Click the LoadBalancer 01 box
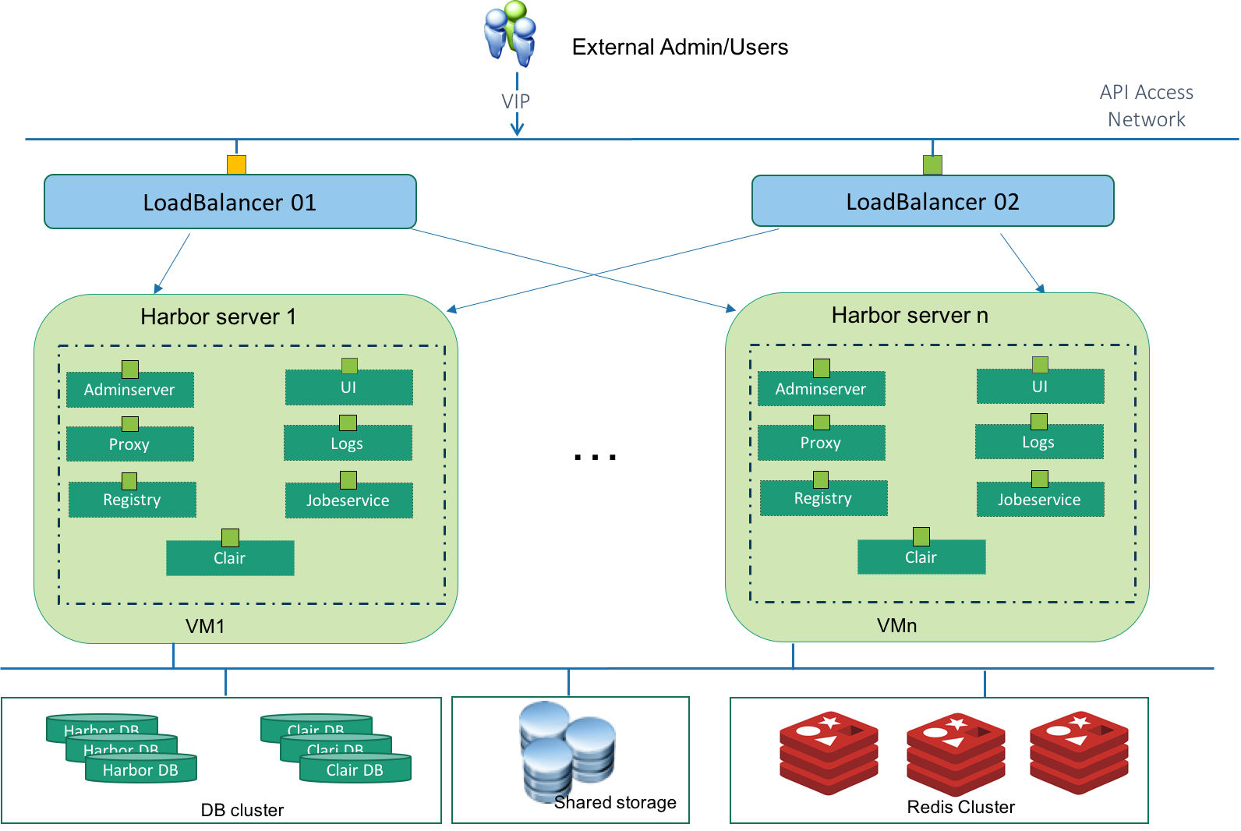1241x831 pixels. [x=230, y=202]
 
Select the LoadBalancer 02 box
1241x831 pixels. [x=932, y=201]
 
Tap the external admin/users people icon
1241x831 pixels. [x=511, y=34]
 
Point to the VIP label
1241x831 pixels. [x=515, y=101]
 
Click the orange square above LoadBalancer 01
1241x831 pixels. [x=236, y=164]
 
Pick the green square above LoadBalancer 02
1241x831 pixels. [x=932, y=164]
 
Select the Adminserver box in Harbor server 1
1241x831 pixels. [x=129, y=390]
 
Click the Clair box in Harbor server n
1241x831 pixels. [x=921, y=557]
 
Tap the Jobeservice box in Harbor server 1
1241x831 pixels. [x=348, y=500]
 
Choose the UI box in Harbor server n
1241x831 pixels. [x=1040, y=387]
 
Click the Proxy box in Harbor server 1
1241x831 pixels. [x=129, y=444]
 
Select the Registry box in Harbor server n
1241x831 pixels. [x=823, y=498]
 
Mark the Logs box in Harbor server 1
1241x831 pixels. [x=348, y=444]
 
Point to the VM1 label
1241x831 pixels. [x=205, y=627]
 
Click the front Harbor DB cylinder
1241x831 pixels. [x=141, y=769]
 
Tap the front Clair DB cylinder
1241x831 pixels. [x=355, y=769]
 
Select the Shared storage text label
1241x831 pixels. [x=615, y=802]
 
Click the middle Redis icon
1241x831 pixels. [x=956, y=752]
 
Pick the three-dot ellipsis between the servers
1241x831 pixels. [x=595, y=457]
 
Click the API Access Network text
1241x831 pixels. [x=1146, y=106]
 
